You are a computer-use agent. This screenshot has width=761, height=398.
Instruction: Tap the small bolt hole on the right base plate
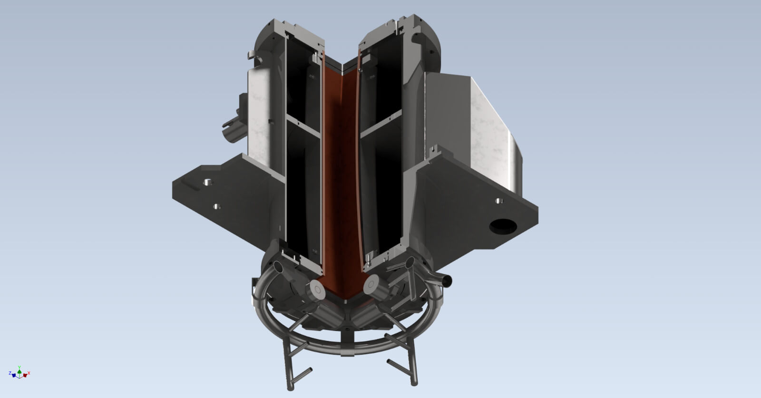(498, 201)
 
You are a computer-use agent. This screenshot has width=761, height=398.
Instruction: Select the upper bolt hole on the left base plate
(207, 182)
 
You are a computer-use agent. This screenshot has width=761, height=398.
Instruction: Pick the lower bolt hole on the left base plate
(216, 206)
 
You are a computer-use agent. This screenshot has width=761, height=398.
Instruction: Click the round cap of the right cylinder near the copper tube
(371, 285)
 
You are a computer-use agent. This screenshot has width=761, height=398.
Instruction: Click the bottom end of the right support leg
(414, 382)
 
